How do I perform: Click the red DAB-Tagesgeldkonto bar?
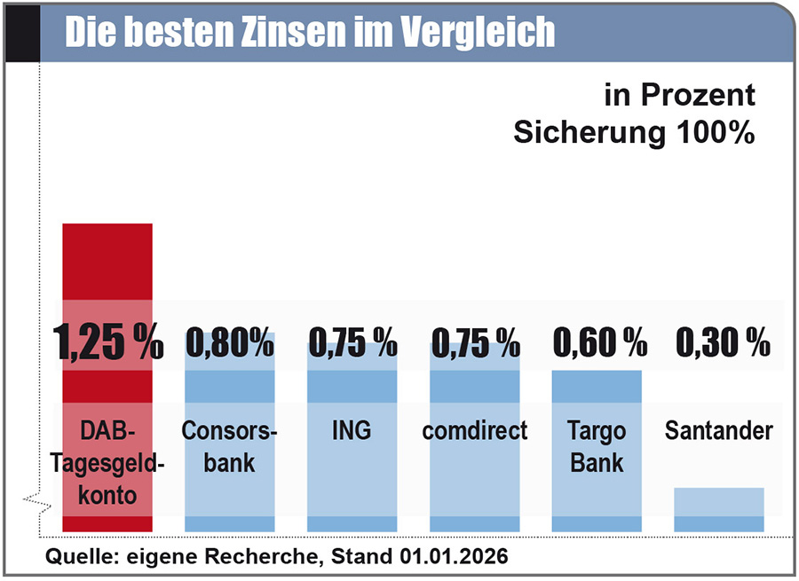(107, 266)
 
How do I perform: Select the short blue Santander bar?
(718, 509)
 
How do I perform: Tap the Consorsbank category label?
(229, 446)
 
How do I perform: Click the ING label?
(352, 432)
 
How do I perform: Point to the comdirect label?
(475, 432)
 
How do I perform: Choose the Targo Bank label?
(597, 446)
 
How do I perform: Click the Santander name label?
(718, 432)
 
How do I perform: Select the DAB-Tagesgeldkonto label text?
(107, 462)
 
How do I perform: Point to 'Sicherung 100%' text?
(635, 132)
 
